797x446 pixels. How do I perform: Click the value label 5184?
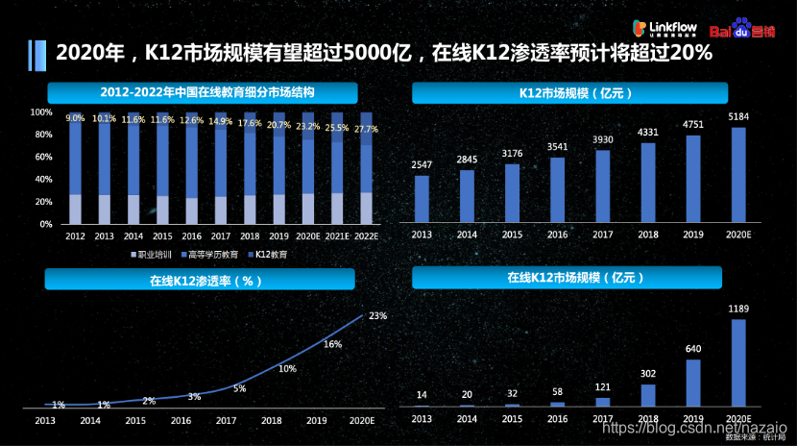click(x=738, y=117)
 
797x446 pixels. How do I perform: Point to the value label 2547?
click(x=422, y=165)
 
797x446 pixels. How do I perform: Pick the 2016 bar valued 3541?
click(x=557, y=189)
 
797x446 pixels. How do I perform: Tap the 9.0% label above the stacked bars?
click(x=75, y=118)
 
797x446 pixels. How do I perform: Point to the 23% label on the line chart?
click(x=377, y=315)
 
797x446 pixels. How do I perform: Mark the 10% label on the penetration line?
click(x=286, y=368)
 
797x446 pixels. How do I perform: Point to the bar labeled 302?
click(x=648, y=395)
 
